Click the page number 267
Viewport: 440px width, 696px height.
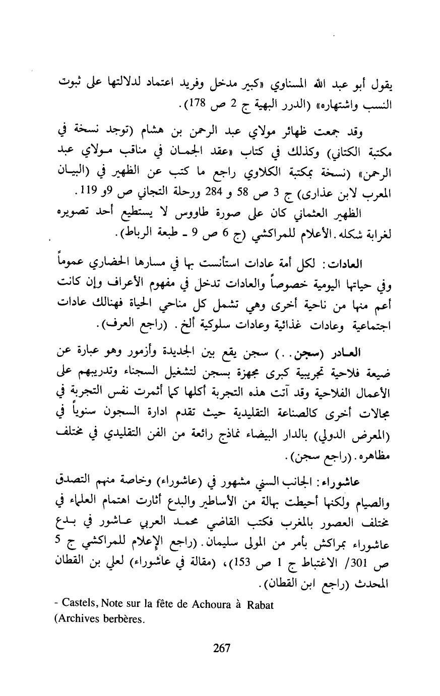pyautogui.click(x=221, y=649)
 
